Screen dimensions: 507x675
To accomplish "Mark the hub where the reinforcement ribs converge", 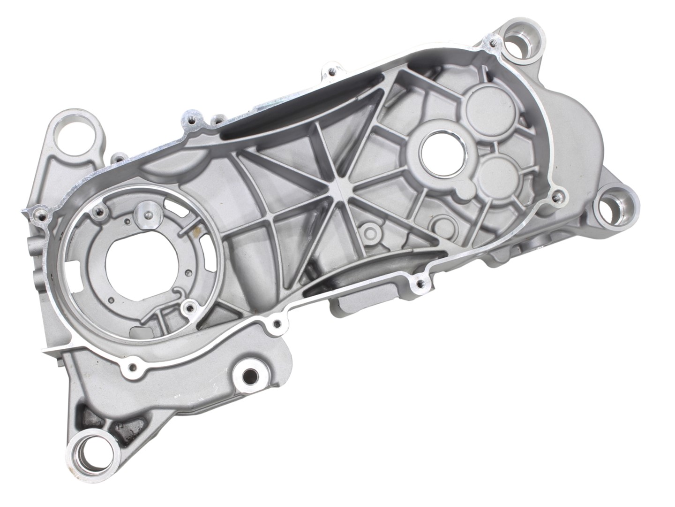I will (x=340, y=188).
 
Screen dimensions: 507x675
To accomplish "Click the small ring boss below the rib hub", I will (x=370, y=232).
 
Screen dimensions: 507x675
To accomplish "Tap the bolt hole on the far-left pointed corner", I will (x=42, y=216).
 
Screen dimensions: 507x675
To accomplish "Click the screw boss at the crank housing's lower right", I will (x=189, y=307).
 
